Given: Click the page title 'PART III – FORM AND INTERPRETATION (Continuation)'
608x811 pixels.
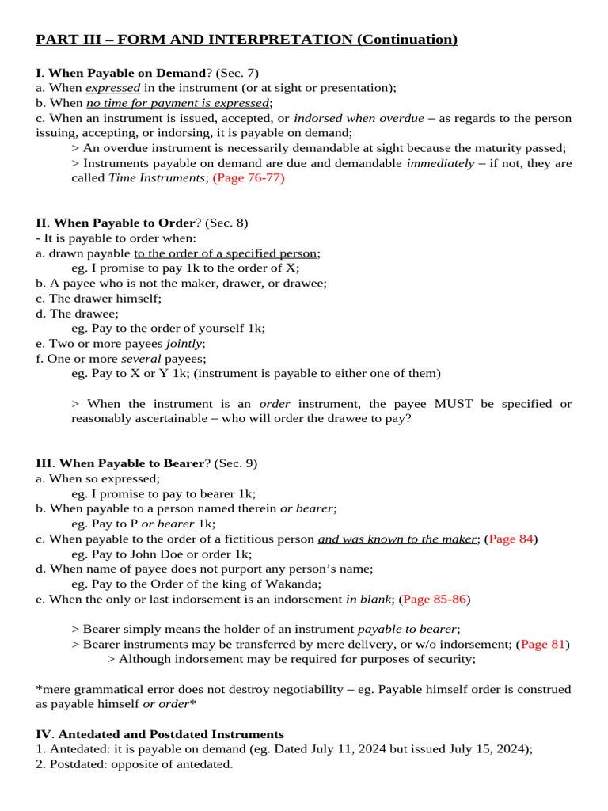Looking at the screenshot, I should [x=247, y=40].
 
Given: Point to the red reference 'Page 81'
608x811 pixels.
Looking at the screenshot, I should [x=542, y=644].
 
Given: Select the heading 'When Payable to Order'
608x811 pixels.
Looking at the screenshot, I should [x=123, y=223].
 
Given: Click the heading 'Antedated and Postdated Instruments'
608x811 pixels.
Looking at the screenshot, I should [x=171, y=734].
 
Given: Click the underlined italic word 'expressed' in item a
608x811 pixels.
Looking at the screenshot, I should [x=112, y=88].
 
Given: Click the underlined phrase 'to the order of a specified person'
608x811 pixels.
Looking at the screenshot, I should [x=226, y=253].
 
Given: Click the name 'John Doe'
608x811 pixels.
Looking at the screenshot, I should [x=161, y=554].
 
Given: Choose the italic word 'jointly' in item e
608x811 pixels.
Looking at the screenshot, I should [x=184, y=343].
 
